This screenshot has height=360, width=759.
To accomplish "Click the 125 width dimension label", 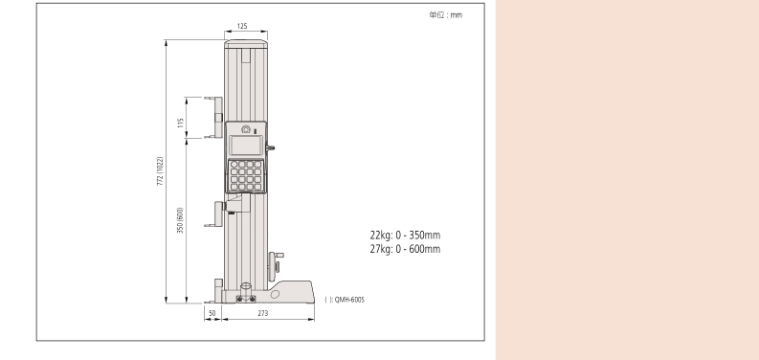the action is pos(242,26).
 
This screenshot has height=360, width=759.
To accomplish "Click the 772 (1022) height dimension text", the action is pos(160,172).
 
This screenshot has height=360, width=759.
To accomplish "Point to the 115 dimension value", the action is pos(181,123).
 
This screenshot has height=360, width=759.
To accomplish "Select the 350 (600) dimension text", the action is pos(180,220).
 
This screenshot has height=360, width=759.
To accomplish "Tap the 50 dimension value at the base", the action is pos(212,313).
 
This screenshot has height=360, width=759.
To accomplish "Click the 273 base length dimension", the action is pos(263,313).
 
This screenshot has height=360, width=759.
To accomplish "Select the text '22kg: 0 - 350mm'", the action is pos(405,235).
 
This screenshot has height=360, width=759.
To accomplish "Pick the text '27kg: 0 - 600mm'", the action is pos(405,249).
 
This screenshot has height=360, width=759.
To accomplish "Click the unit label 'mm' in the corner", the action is pos(457,15).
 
